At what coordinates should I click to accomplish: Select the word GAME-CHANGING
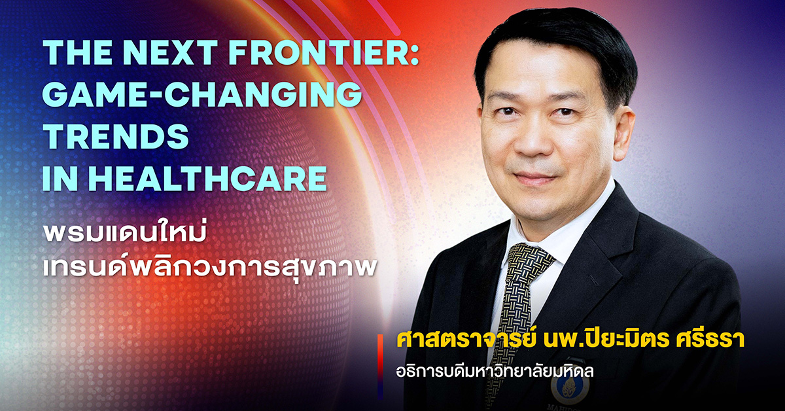(x=202, y=94)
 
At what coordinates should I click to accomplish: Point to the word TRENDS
(x=116, y=136)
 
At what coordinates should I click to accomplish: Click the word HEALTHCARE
(x=207, y=178)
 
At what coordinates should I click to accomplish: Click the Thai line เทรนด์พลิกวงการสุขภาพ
(x=210, y=268)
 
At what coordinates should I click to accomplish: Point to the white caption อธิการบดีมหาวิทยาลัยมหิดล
(x=495, y=370)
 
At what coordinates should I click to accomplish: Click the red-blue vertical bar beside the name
(x=380, y=366)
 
